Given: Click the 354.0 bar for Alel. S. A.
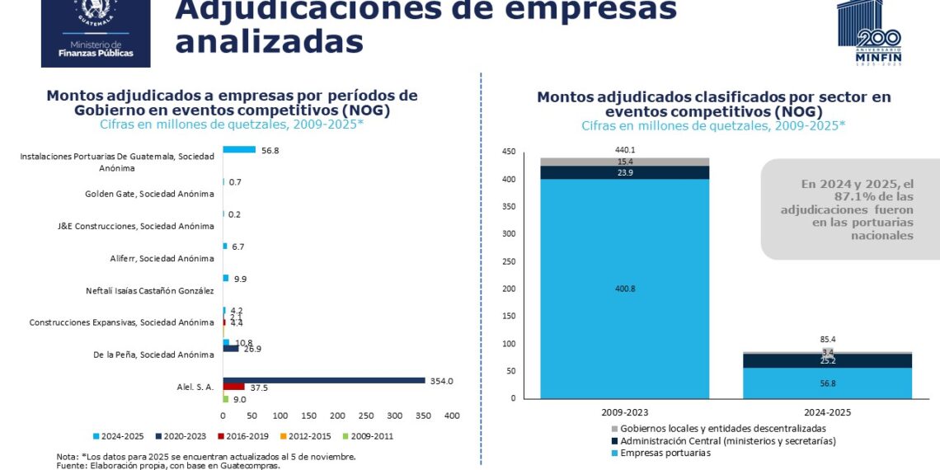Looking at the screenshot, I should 323,380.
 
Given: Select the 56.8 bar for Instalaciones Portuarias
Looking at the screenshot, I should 239,149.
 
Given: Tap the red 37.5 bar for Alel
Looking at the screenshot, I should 234,387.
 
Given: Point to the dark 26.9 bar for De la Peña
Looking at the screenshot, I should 231,348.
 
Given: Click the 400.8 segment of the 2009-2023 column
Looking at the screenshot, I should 624,289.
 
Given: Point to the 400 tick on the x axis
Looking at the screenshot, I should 452,416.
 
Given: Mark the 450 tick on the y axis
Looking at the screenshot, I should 509,152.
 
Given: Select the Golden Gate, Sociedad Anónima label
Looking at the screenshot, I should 149,195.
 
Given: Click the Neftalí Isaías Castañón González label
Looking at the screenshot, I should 149,290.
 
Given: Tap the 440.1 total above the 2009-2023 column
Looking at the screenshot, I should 624,150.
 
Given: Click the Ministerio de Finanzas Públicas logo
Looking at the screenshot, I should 96,33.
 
